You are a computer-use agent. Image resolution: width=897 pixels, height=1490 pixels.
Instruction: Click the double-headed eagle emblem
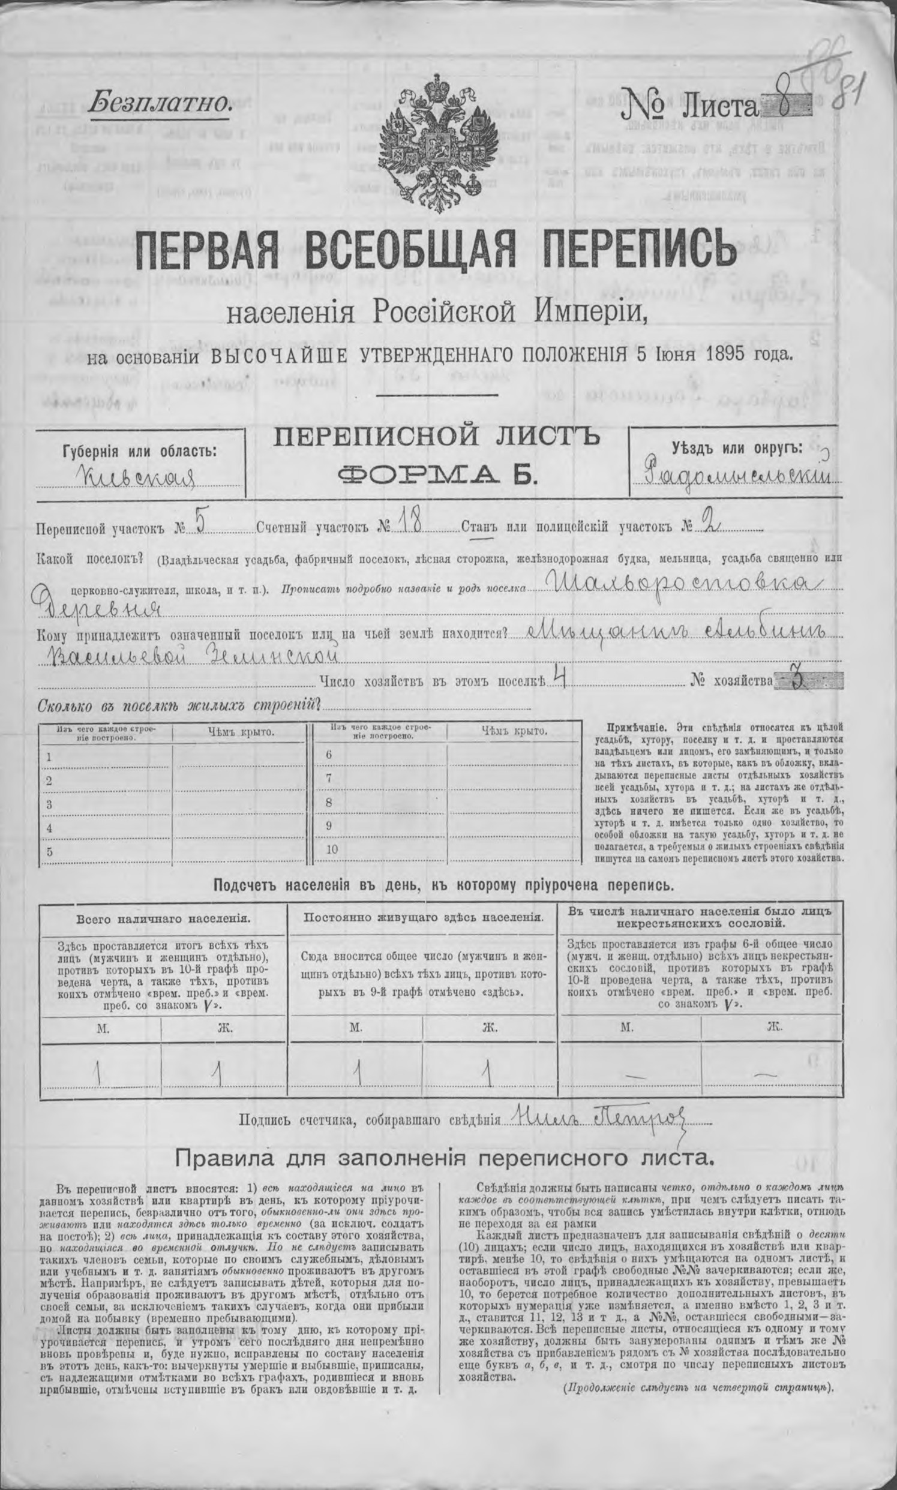pos(437,143)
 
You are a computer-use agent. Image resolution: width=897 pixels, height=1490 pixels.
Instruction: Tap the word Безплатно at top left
pos(159,103)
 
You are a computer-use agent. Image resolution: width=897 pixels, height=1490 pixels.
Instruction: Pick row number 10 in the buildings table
pos(331,849)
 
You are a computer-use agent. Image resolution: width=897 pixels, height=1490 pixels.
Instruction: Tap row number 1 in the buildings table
pos(49,756)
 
